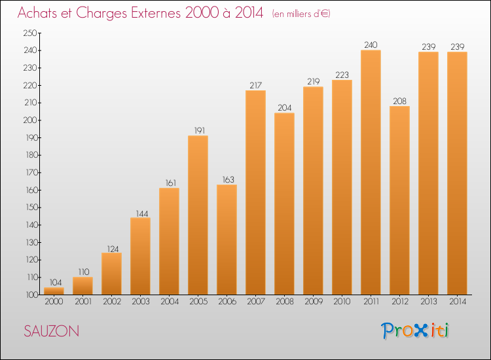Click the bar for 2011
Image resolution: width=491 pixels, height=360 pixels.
point(371,172)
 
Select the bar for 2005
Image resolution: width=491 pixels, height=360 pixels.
point(198,215)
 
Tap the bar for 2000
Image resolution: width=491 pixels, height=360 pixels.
point(54,291)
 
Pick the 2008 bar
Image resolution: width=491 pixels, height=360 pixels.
point(284,204)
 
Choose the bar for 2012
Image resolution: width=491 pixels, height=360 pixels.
point(399,200)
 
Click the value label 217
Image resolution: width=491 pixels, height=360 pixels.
point(255,84)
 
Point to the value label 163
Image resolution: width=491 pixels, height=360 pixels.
point(227,179)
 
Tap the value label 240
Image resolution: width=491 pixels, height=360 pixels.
point(371,45)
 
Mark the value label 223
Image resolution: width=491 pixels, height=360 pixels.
point(342,74)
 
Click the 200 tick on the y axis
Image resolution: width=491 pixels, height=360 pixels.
point(30,120)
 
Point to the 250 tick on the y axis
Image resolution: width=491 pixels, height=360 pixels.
point(30,33)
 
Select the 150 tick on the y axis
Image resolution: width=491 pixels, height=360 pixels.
point(30,207)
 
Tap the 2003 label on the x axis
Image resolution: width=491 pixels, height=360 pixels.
point(140,302)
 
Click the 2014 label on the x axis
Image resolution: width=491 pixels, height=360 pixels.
point(457,302)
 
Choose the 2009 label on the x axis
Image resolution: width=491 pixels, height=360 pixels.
point(313,302)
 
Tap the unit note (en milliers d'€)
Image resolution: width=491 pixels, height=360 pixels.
point(301,14)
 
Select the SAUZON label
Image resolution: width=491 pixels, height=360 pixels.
point(51,331)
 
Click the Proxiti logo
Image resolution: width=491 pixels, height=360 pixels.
point(414,331)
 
